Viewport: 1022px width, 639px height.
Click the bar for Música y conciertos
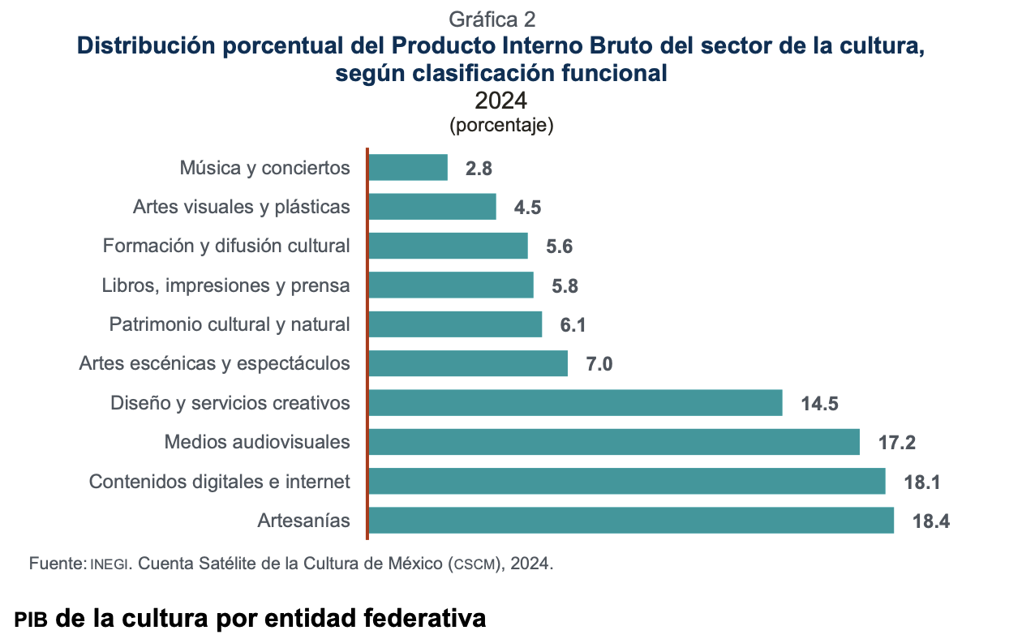pyautogui.click(x=408, y=168)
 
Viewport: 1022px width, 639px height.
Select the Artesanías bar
pyautogui.click(x=631, y=521)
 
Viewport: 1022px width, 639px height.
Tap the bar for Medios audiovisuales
pyautogui.click(x=614, y=442)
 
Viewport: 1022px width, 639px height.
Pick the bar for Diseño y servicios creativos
pyautogui.click(x=575, y=403)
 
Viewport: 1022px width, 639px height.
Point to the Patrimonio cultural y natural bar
pyautogui.click(x=455, y=324)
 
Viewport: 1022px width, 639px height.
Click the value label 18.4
pyautogui.click(x=930, y=521)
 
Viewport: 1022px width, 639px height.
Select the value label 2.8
pyautogui.click(x=479, y=169)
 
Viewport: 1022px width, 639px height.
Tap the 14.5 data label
pyautogui.click(x=819, y=404)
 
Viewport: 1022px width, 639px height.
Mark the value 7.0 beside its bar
pyautogui.click(x=599, y=364)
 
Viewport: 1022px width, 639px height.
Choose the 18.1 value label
pyautogui.click(x=922, y=482)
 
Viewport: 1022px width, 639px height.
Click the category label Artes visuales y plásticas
pyautogui.click(x=242, y=207)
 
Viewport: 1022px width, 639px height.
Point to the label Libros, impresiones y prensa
pyautogui.click(x=226, y=285)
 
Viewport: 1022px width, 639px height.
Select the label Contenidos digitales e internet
pyautogui.click(x=220, y=482)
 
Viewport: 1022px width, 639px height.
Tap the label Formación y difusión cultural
pyautogui.click(x=226, y=246)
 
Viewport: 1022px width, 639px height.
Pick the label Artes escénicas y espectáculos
pyautogui.click(x=215, y=363)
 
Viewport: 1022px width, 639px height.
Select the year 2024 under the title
pyautogui.click(x=501, y=101)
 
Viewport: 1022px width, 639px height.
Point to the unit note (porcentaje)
pyautogui.click(x=501, y=126)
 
